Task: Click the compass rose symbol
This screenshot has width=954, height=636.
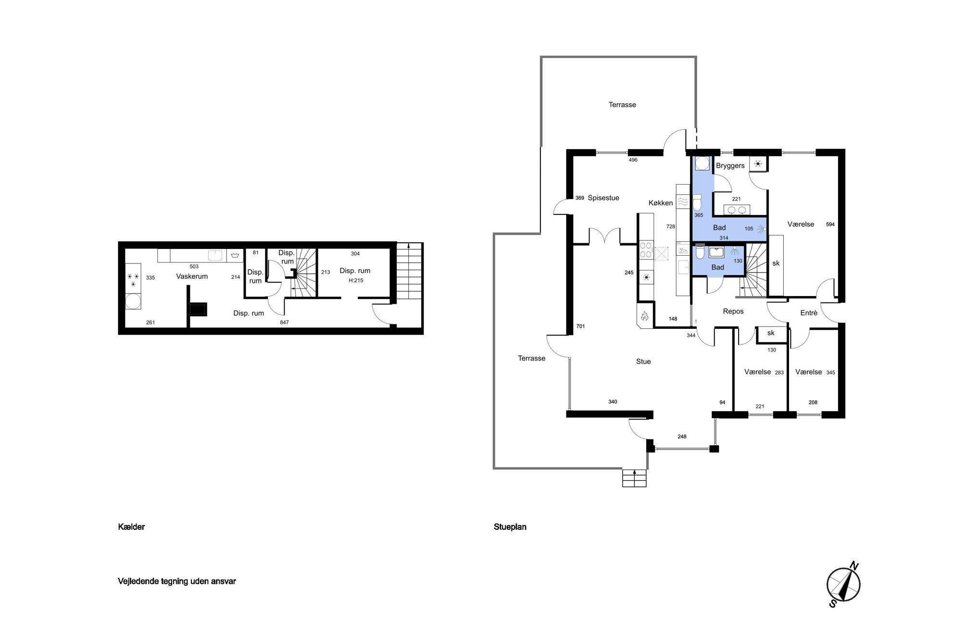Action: click(843, 585)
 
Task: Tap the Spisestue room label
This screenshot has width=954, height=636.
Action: click(603, 198)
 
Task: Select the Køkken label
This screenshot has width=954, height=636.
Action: click(661, 203)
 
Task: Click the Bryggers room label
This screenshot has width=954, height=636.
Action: click(730, 165)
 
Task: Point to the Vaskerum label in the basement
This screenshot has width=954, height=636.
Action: click(192, 276)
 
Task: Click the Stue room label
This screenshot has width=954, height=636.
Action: click(643, 362)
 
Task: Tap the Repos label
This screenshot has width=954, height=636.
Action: click(733, 312)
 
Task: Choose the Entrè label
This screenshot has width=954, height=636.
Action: click(809, 313)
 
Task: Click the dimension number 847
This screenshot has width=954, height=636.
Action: click(284, 322)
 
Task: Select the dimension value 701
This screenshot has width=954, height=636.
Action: click(580, 326)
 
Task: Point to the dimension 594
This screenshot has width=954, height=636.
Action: click(830, 224)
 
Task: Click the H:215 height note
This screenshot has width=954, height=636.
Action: click(356, 280)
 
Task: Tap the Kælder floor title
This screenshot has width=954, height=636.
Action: click(131, 527)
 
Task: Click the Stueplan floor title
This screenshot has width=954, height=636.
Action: click(510, 527)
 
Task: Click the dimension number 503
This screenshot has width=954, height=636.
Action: click(194, 266)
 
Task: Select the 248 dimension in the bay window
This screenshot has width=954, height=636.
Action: click(682, 436)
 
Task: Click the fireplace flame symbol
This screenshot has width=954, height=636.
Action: click(645, 316)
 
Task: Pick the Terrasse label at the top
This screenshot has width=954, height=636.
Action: click(622, 105)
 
